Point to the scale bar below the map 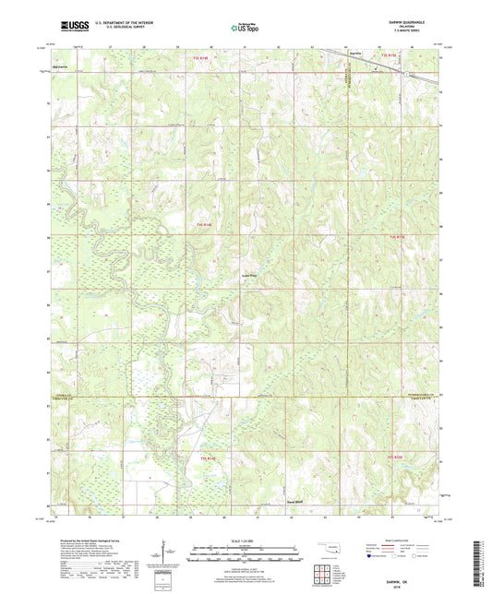click(245, 554)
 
